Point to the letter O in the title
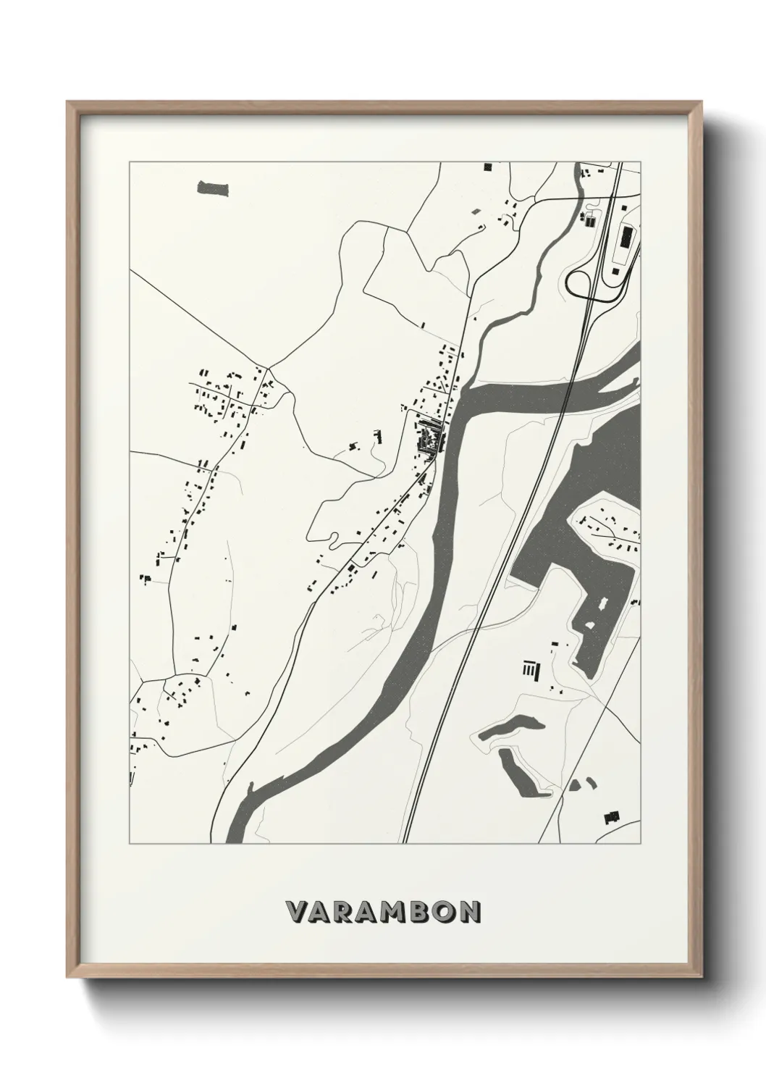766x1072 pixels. coord(442,912)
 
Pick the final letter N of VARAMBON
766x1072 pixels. coord(469,912)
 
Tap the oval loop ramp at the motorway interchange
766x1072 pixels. coord(581,283)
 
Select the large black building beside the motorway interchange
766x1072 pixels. coord(623,235)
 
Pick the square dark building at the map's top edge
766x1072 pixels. coord(487,167)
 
